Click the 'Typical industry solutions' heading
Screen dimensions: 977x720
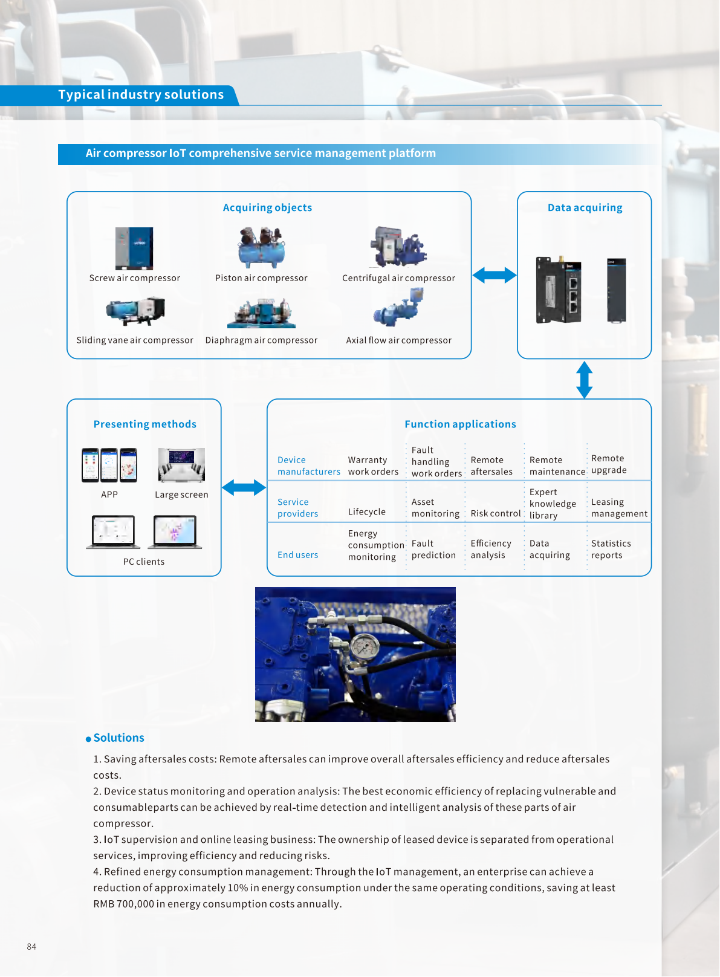pyautogui.click(x=141, y=95)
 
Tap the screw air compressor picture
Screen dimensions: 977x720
pyautogui.click(x=134, y=248)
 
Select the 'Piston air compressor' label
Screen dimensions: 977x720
pyautogui.click(x=261, y=278)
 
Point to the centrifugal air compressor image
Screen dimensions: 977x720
pyautogui.click(x=398, y=247)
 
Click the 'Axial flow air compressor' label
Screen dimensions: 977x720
pyautogui.click(x=398, y=340)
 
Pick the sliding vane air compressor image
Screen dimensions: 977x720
pyautogui.click(x=135, y=311)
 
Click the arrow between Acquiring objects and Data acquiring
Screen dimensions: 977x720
pyautogui.click(x=494, y=276)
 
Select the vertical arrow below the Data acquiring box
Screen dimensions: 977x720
pyautogui.click(x=584, y=380)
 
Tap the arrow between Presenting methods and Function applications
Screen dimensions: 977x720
pyautogui.click(x=244, y=487)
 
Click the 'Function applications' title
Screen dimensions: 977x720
pyautogui.click(x=460, y=424)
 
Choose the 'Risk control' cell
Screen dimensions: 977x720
pyautogui.click(x=495, y=513)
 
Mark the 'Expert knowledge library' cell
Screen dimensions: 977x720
pyautogui.click(x=553, y=504)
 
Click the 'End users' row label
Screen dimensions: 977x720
pyautogui.click(x=297, y=555)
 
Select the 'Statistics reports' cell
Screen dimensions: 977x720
pyautogui.click(x=611, y=550)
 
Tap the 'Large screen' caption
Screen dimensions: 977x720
pyautogui.click(x=181, y=495)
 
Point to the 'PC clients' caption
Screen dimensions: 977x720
pyautogui.click(x=144, y=562)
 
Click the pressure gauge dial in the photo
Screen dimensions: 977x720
pyautogui.click(x=365, y=648)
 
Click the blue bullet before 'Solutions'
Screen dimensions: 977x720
pyautogui.click(x=88, y=739)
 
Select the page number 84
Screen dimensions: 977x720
pyautogui.click(x=31, y=947)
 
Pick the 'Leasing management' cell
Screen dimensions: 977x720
pyautogui.click(x=619, y=508)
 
